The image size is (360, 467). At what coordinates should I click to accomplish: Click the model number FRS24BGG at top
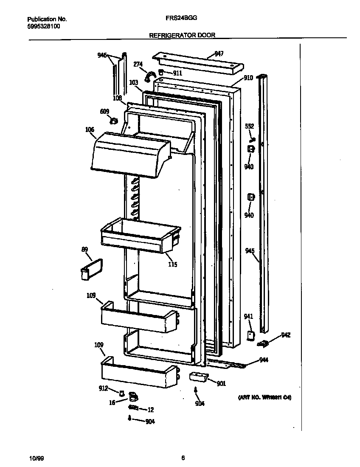[x=182, y=19]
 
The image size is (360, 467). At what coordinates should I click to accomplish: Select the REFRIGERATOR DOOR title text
[x=182, y=36]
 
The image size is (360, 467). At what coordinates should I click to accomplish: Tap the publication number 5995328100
[x=43, y=26]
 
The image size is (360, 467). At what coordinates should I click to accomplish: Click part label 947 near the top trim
[x=219, y=53]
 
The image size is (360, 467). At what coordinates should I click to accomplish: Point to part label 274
[x=138, y=64]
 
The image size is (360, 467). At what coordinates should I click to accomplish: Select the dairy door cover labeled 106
[x=129, y=155]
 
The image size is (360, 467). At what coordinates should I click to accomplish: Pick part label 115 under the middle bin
[x=172, y=264]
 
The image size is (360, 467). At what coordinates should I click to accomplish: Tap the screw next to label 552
[x=252, y=138]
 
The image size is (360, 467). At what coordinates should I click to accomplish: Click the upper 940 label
[x=249, y=167]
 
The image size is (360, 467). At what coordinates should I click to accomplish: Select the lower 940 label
[x=249, y=216]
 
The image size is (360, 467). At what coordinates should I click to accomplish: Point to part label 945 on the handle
[x=250, y=251]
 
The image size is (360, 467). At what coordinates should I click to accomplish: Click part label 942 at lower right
[x=286, y=335]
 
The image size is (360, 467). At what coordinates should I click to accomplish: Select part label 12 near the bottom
[x=150, y=410]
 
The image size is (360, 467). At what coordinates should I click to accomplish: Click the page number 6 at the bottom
[x=183, y=458]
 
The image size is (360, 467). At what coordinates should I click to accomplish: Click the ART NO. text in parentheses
[x=264, y=398]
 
